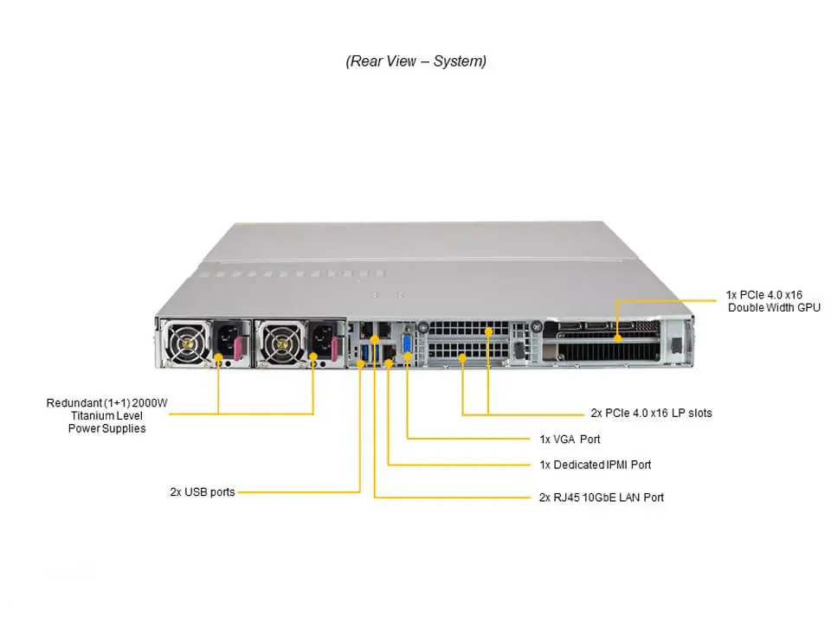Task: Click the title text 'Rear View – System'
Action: click(415, 61)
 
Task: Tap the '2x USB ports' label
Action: click(202, 492)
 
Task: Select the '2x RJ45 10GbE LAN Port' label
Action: click(602, 498)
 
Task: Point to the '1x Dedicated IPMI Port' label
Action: click(595, 465)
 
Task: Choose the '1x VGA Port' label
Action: click(570, 439)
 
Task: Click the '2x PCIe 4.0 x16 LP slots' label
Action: click(651, 413)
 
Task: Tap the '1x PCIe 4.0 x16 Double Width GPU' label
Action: click(773, 301)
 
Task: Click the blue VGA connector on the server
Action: click(407, 341)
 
